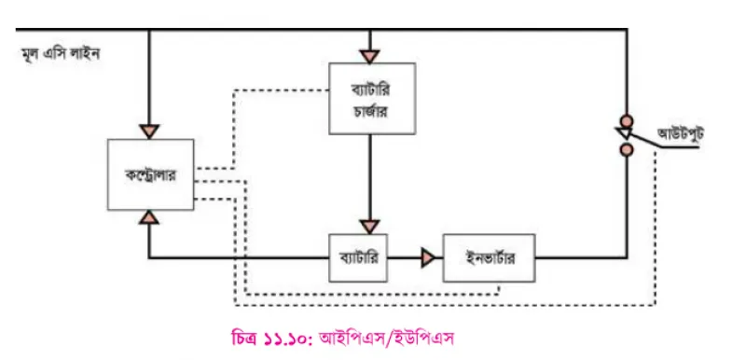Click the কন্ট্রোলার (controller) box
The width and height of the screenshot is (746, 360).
pos(150,174)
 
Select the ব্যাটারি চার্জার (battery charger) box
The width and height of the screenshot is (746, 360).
pos(372,99)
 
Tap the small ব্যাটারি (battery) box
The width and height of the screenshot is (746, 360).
pos(358,257)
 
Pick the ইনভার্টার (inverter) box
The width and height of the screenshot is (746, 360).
pos(489,257)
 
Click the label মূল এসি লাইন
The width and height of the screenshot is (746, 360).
pos(61,54)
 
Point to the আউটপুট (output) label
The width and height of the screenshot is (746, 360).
pos(681,134)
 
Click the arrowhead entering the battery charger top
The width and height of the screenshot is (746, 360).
pos(370,57)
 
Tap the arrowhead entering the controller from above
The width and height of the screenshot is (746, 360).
pos(149,132)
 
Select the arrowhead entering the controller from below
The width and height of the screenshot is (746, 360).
pos(150,217)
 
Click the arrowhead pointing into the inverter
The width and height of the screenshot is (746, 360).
pos(428,258)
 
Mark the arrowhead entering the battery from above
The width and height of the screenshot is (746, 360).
pos(370,227)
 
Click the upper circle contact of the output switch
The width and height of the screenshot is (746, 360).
pos(627,119)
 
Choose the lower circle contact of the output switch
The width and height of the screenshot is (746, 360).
pos(627,150)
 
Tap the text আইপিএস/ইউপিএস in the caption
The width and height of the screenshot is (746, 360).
pos(386,339)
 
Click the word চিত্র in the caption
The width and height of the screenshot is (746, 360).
pos(244,339)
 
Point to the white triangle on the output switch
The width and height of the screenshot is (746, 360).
pos(623,133)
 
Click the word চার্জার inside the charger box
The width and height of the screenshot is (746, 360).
pos(372,111)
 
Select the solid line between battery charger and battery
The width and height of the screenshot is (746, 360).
pos(370,177)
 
